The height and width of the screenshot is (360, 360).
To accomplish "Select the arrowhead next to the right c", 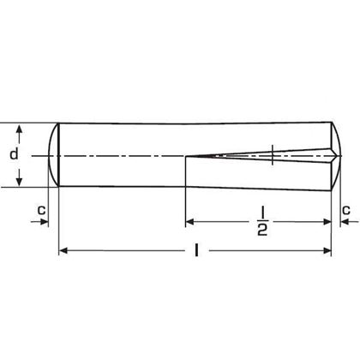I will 338,222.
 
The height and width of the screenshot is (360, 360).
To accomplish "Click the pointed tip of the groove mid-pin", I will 188,156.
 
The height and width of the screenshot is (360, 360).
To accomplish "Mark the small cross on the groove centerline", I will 272,156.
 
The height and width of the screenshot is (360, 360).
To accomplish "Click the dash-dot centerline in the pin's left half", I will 120,156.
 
